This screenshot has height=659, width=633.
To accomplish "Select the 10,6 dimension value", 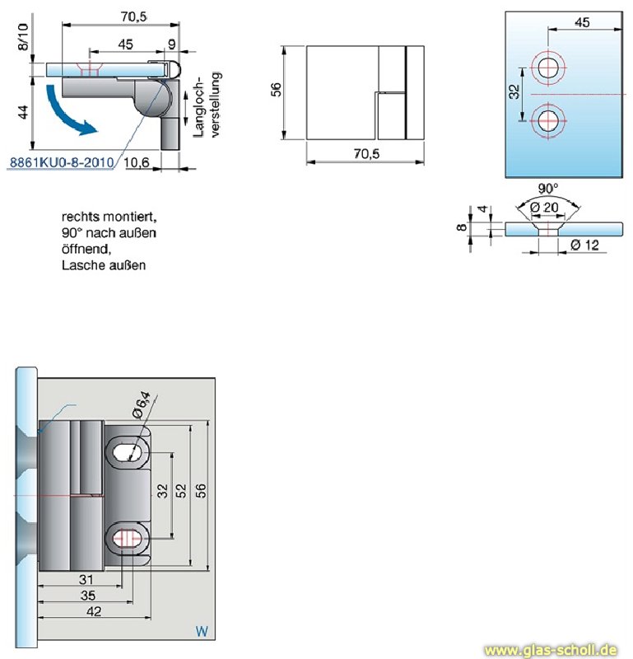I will pos(136,162).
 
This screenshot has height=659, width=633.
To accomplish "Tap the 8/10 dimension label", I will pos(22,37).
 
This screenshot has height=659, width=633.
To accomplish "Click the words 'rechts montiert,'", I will pos(108,217).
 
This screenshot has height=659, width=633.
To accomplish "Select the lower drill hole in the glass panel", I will pos(548,123).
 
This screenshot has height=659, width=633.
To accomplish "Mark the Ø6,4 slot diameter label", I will pos(142,404).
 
